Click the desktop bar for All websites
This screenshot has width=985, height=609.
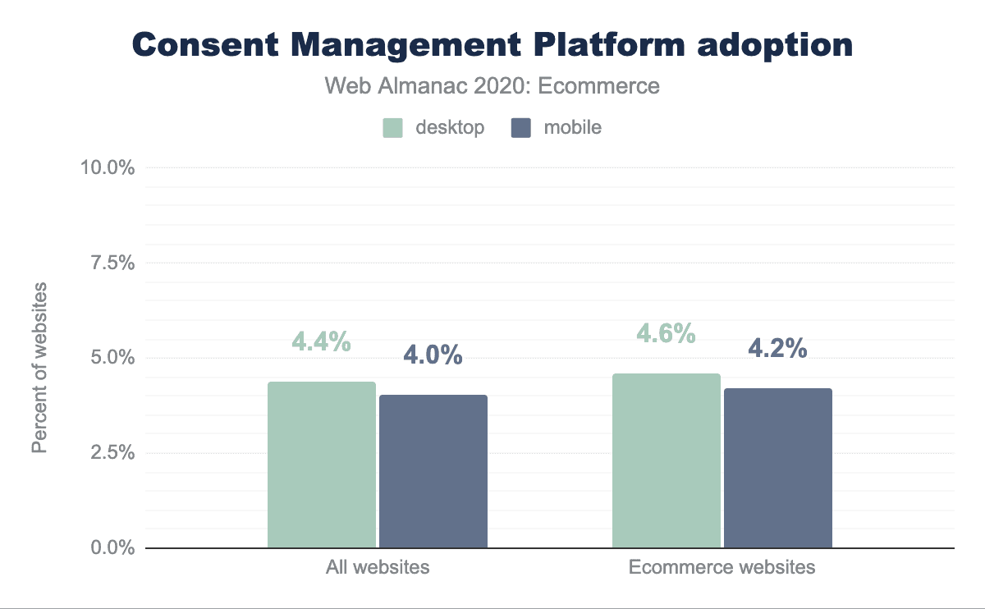[322, 465]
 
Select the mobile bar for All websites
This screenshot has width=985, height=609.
[433, 471]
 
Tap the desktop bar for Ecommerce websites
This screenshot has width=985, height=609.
[667, 460]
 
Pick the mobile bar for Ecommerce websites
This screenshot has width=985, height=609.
[778, 468]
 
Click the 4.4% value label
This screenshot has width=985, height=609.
[322, 342]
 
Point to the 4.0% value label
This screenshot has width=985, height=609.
[433, 355]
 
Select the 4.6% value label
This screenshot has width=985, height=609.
[667, 334]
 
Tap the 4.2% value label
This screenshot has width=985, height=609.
[777, 348]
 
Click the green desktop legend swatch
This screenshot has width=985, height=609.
[392, 128]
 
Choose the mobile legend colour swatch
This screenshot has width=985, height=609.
[520, 128]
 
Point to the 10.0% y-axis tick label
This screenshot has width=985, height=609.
[107, 167]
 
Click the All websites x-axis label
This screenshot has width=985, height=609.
[378, 567]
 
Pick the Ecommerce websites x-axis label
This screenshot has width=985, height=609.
[722, 567]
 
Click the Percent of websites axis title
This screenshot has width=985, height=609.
[39, 368]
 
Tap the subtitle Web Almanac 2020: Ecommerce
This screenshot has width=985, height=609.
[492, 85]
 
